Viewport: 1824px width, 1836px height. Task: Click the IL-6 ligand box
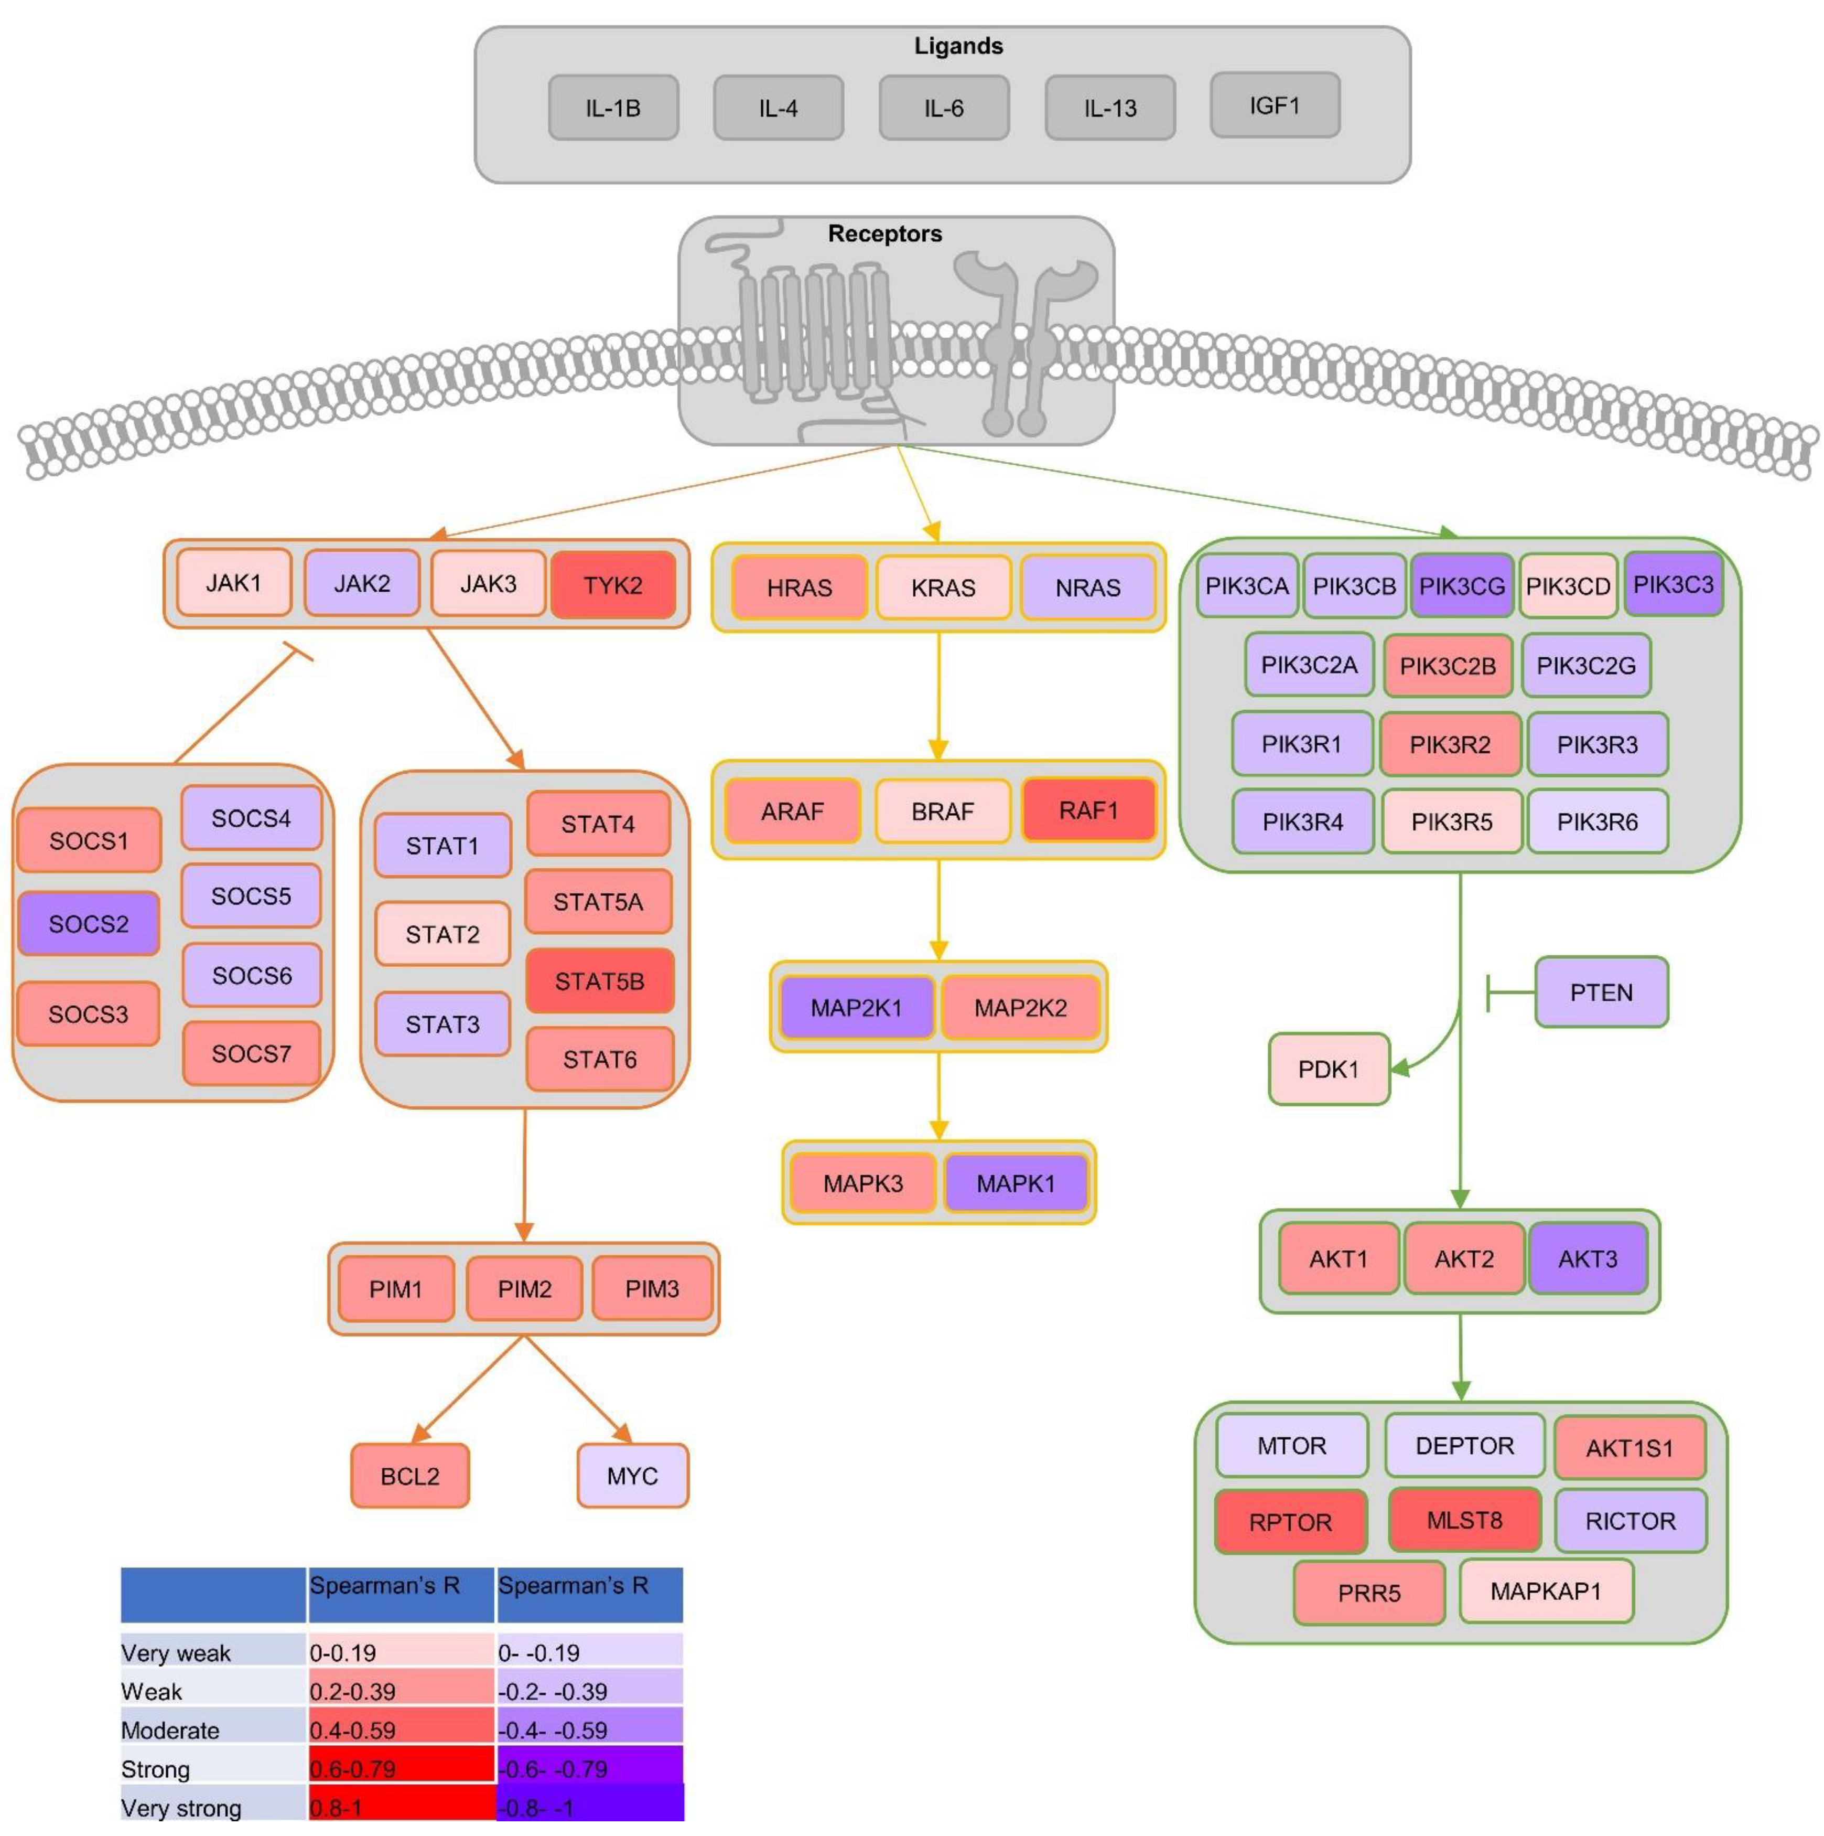[x=943, y=108]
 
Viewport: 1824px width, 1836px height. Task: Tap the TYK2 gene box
[x=613, y=584]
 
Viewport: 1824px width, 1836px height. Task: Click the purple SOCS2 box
[x=89, y=923]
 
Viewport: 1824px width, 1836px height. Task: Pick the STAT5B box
[x=599, y=981]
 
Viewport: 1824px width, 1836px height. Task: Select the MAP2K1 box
[x=856, y=1007]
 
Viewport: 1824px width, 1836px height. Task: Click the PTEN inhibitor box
[x=1601, y=992]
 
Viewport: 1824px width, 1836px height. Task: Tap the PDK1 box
[x=1328, y=1069]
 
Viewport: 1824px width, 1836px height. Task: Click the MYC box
[x=632, y=1476]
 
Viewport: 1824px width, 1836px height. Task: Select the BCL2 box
[x=409, y=1476]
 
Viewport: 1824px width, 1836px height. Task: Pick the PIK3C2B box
[x=1447, y=665]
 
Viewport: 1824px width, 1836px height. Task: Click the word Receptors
[x=884, y=234]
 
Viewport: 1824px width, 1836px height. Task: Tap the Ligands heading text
[x=957, y=46]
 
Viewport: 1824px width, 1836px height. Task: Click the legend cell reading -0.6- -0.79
[x=589, y=1768]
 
